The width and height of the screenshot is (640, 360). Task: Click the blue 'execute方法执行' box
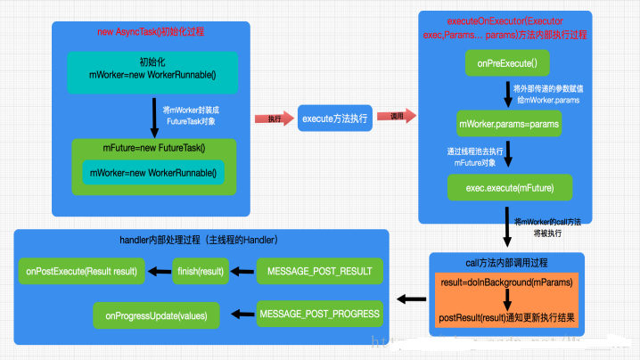(340, 118)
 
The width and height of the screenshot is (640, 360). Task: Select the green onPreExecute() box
(507, 63)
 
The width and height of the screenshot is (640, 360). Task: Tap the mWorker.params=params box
(508, 124)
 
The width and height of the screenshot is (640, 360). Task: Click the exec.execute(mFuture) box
(509, 186)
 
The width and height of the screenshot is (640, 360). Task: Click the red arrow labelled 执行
(271, 118)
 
